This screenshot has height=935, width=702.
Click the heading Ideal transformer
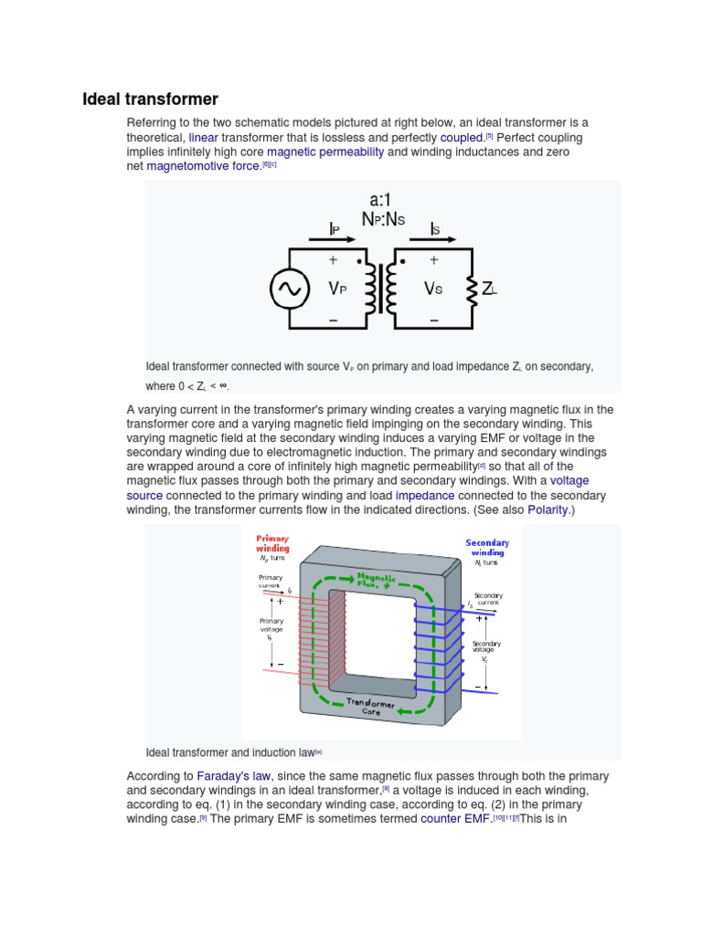coord(151,99)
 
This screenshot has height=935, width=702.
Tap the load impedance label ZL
coord(489,289)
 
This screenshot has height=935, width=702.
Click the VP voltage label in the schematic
coord(338,289)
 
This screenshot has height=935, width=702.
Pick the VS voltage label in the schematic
coord(433,289)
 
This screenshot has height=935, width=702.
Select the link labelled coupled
coord(462,137)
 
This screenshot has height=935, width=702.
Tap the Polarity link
coord(549,510)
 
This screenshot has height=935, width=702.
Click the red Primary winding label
coord(272,543)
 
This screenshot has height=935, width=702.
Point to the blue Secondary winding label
coord(487,547)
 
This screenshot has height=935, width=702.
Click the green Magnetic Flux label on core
coord(376,581)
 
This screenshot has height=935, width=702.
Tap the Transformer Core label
coord(370,707)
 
